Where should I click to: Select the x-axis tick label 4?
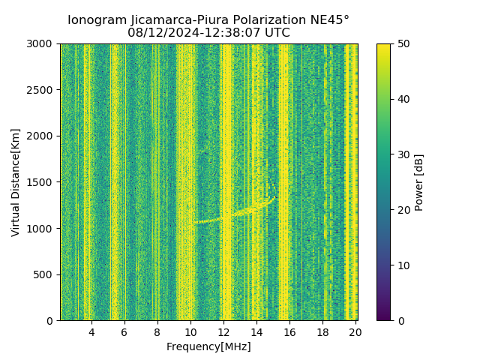click(x=91, y=332)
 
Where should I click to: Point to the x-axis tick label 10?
click(x=190, y=332)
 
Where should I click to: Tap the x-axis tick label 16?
click(x=289, y=332)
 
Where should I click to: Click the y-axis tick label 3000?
click(x=41, y=44)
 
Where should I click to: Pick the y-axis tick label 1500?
click(x=41, y=182)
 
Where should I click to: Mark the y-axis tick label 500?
click(x=44, y=274)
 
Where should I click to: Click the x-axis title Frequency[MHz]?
click(x=208, y=346)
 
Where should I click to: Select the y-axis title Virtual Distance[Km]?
click(x=16, y=182)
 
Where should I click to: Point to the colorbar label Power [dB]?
click(x=419, y=182)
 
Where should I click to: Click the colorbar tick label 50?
click(x=403, y=44)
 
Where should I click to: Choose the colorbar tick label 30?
click(x=403, y=154)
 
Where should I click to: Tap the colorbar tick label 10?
click(x=403, y=265)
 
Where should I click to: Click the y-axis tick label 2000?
click(x=41, y=136)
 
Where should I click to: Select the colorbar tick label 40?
click(x=403, y=99)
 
